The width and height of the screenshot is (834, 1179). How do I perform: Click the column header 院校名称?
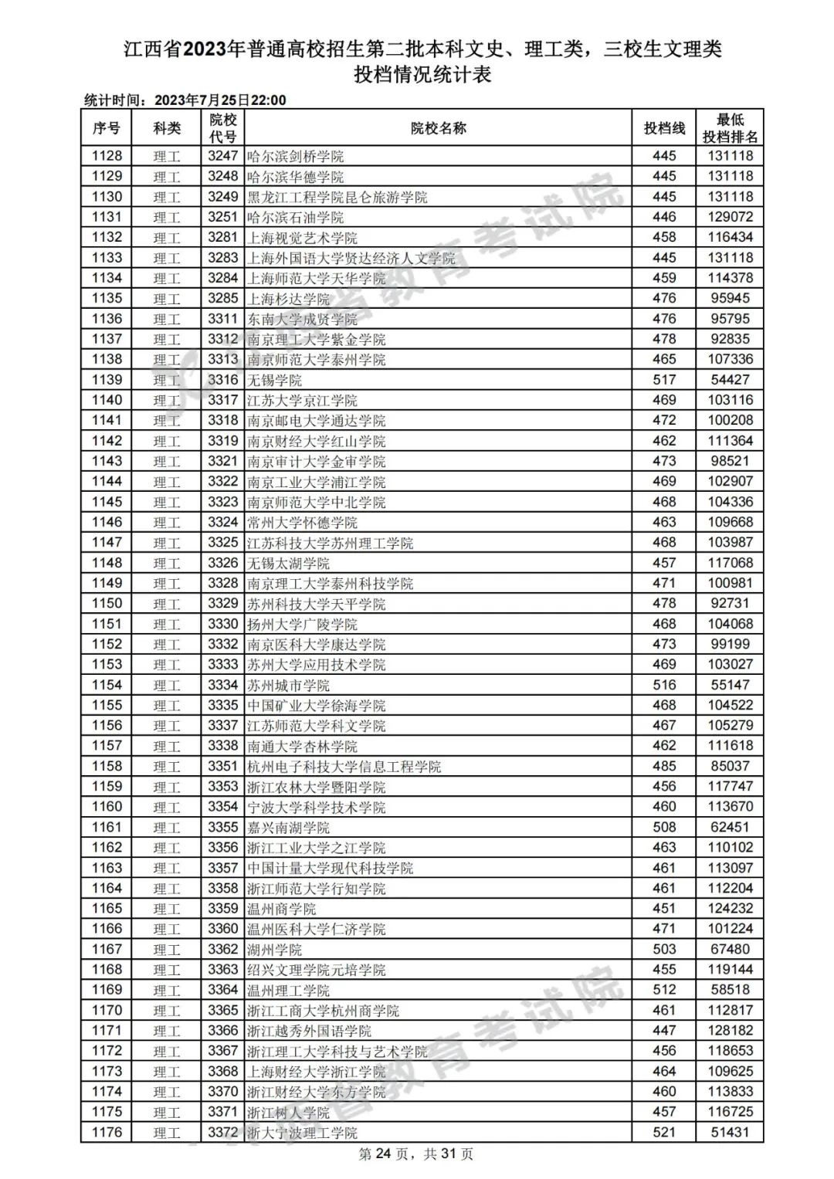[x=438, y=128]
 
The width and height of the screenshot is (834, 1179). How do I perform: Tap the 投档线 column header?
[x=664, y=128]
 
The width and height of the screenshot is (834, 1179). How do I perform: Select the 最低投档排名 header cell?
[x=730, y=128]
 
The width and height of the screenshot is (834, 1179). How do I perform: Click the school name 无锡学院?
[x=275, y=380]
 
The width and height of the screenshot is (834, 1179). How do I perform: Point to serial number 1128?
[x=107, y=156]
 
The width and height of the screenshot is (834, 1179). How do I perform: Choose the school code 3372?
[x=222, y=1133]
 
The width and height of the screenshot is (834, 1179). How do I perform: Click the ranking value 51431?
[x=730, y=1133]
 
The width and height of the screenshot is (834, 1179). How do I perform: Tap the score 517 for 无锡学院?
[x=664, y=380]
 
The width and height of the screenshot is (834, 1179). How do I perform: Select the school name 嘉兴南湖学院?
[x=289, y=828]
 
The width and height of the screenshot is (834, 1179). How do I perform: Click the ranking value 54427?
[x=730, y=380]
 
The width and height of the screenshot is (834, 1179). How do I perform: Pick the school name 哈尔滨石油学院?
[x=296, y=217]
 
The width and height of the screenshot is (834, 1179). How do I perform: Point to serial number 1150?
[x=107, y=604]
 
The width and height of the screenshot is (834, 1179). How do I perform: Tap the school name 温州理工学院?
[x=289, y=990]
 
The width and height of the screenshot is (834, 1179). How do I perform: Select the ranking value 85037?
[x=730, y=767]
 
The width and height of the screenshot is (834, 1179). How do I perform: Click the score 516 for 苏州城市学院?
[x=664, y=685]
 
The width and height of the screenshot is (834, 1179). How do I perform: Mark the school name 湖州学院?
[x=275, y=950]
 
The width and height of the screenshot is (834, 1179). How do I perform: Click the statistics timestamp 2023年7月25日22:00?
[x=220, y=100]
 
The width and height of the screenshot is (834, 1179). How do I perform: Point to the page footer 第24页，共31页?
[x=416, y=1154]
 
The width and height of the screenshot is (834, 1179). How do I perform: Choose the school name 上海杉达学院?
[x=289, y=299]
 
